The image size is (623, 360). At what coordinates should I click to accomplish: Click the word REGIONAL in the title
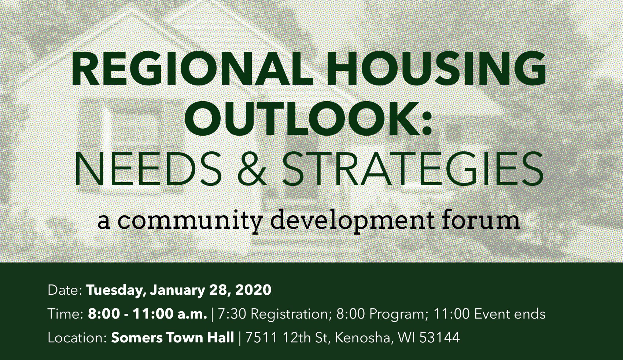pos(192,68)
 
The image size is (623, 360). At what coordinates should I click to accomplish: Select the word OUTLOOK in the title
pos(301,119)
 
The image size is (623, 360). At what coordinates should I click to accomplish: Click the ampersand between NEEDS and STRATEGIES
pos(252,169)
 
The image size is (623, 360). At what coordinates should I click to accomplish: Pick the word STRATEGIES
pos(413,169)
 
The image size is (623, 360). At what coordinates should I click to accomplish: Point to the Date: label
pos(65,290)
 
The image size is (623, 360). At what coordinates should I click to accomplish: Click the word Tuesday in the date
pos(117,290)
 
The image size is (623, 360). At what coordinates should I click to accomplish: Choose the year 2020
pos(253,290)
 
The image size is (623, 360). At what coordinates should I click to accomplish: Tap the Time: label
pos(65,314)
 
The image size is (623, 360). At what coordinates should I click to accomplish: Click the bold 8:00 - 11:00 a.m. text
pos(147,314)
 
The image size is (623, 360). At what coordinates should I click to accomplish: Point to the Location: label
pos(77,338)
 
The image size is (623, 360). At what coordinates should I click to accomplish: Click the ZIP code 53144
pos(439,338)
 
